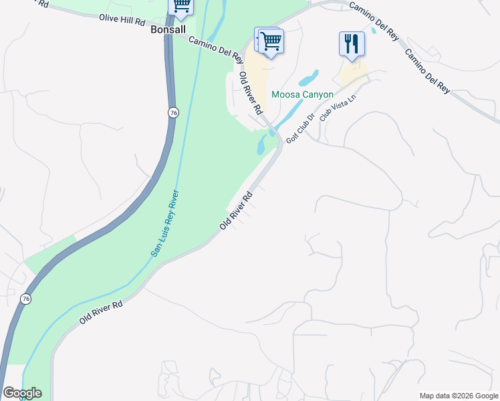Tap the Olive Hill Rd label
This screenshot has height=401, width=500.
(x=122, y=20)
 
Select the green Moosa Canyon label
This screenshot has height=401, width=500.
(x=302, y=95)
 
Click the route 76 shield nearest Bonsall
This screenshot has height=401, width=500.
(x=173, y=113)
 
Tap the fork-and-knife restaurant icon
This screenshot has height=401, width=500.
(x=352, y=44)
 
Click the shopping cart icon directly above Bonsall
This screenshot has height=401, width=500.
(x=181, y=6)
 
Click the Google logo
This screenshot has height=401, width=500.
(x=21, y=393)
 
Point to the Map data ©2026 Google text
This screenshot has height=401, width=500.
(x=458, y=396)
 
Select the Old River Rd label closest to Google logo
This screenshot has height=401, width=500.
(x=101, y=312)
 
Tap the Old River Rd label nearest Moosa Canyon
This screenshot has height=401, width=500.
(x=251, y=92)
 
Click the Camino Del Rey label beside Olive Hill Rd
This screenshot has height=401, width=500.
(x=215, y=50)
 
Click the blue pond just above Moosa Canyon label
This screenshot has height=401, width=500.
(x=309, y=78)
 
